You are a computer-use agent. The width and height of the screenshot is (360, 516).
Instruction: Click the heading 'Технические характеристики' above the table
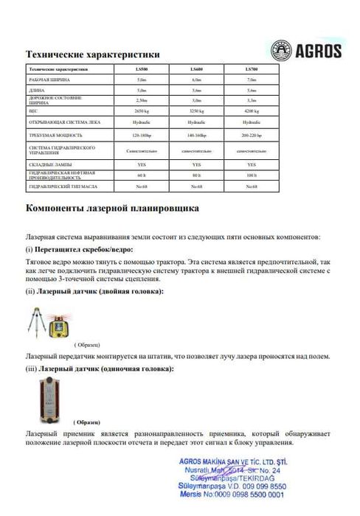92,54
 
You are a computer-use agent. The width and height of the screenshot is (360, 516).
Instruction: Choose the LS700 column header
251,69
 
